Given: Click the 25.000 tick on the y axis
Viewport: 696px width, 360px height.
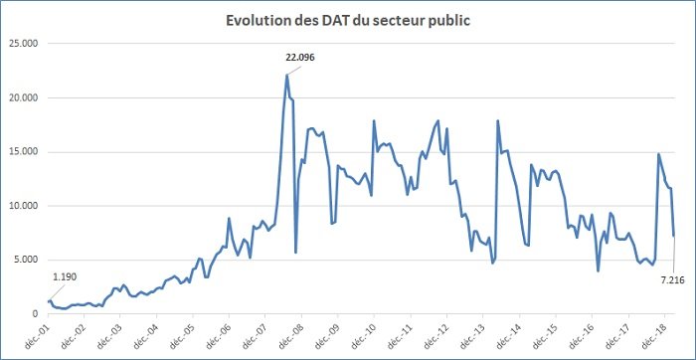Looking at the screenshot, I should click(23, 44).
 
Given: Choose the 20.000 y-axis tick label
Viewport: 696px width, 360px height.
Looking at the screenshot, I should click(23, 97).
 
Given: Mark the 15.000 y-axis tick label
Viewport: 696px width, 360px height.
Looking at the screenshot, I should click(23, 152).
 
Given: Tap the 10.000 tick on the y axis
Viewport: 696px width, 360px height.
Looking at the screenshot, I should click(23, 206).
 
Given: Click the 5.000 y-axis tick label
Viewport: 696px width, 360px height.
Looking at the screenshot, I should click(26, 260).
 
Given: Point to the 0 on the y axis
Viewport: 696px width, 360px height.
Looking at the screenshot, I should click(35, 313).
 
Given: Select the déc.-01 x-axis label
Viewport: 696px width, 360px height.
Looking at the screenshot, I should click(41, 332).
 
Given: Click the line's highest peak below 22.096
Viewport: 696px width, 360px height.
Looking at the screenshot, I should click(286, 76).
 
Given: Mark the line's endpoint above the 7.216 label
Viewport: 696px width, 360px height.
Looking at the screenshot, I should click(674, 236).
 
